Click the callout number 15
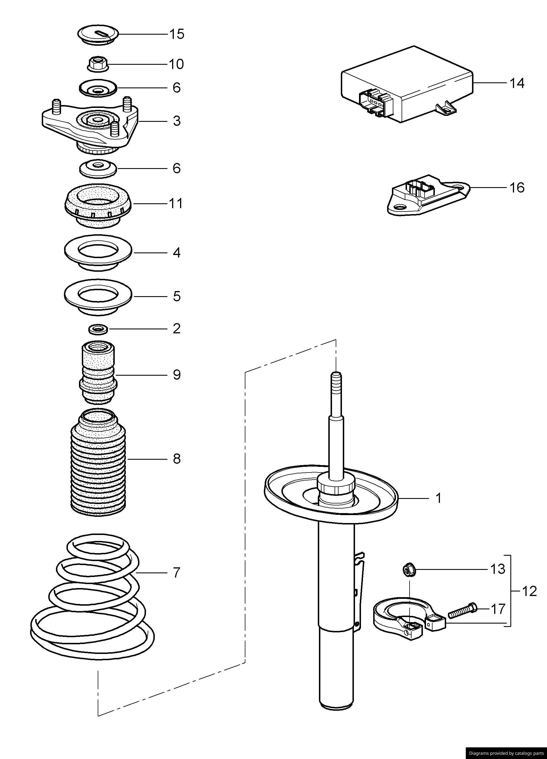coord(177,34)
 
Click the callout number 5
coord(177,296)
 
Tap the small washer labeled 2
coord(98,329)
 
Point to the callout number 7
coord(177,573)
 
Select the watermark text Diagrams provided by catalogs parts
coord(506,753)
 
